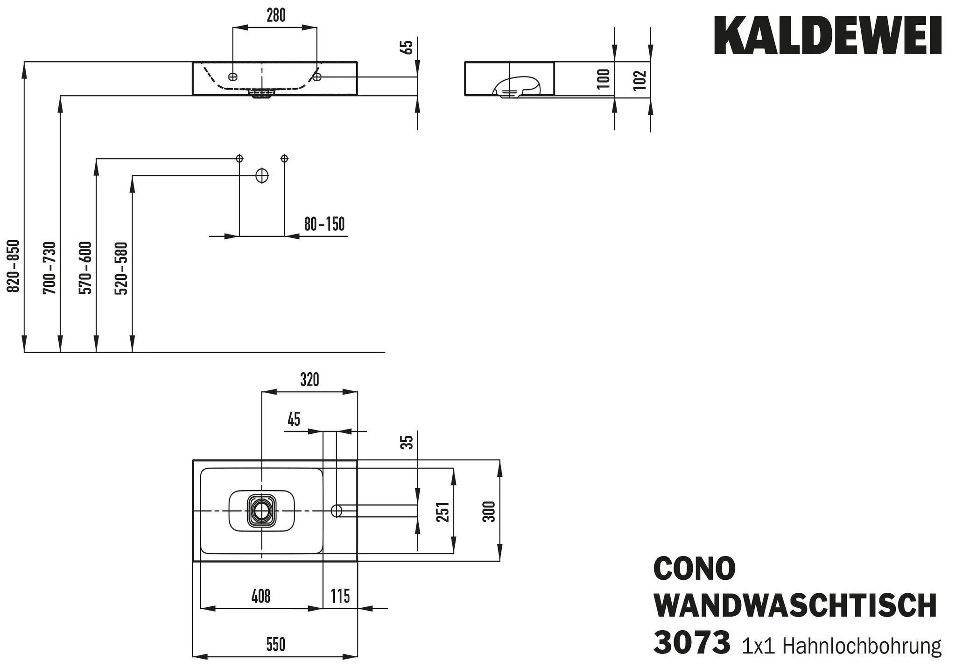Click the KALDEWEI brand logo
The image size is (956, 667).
(x=827, y=36)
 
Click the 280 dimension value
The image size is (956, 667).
(x=276, y=15)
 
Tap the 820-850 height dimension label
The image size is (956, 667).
(x=14, y=266)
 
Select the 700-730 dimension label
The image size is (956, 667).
(x=50, y=268)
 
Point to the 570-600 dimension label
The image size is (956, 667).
(x=86, y=268)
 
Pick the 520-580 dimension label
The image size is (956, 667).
(x=121, y=268)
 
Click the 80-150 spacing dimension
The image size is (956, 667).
(x=324, y=224)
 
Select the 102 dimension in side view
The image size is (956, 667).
(x=641, y=80)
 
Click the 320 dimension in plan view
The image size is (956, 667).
(x=309, y=380)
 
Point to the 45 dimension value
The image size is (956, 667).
(x=294, y=420)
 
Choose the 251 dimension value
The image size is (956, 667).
(x=444, y=512)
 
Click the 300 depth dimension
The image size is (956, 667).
(x=489, y=511)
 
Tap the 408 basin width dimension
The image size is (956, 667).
(x=261, y=596)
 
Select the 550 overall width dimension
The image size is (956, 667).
(x=275, y=645)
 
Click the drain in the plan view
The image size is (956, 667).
(x=262, y=511)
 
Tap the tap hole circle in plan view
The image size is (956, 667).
(x=336, y=511)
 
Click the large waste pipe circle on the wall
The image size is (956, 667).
(x=262, y=176)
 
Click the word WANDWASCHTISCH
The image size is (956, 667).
(x=795, y=605)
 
